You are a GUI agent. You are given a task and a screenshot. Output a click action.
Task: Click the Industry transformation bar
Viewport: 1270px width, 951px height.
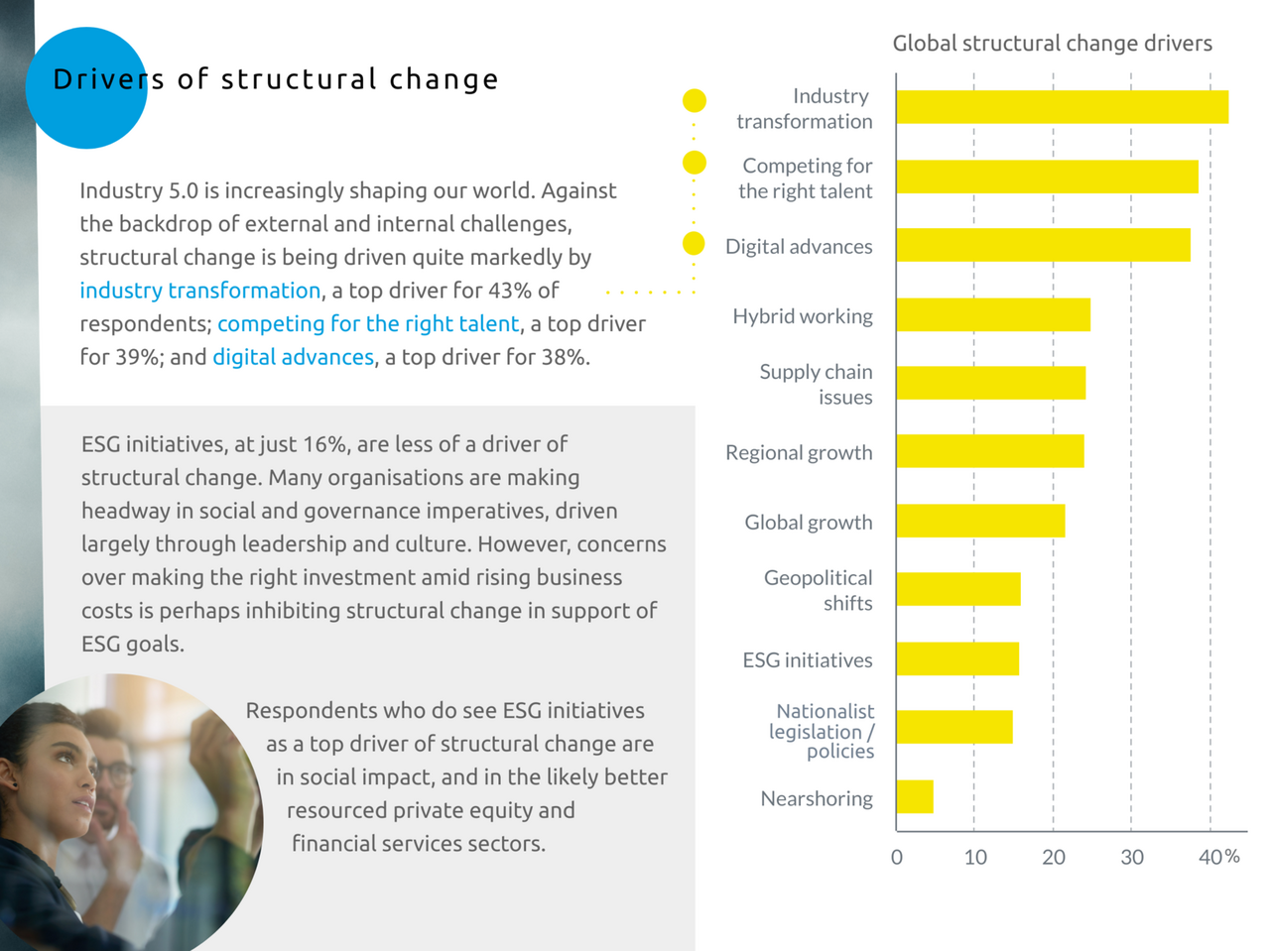click(x=1062, y=107)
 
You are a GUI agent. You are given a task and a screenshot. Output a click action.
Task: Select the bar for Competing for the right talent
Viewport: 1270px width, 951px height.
click(x=1047, y=177)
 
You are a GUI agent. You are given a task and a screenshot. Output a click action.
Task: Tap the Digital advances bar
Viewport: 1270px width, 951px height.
click(x=1043, y=245)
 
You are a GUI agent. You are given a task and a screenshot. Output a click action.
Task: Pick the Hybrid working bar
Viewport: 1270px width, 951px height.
click(x=992, y=314)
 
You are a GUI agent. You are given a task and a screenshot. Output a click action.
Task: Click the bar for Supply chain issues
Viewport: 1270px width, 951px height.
click(x=990, y=383)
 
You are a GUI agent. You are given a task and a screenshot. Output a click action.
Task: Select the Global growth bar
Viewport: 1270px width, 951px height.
click(x=980, y=521)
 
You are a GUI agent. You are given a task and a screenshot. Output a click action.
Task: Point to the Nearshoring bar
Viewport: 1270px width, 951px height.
click(x=915, y=796)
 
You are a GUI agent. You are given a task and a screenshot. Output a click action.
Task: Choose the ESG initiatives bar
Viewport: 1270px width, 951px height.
click(x=957, y=658)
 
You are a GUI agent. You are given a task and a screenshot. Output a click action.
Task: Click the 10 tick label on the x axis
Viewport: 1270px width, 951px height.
click(x=975, y=858)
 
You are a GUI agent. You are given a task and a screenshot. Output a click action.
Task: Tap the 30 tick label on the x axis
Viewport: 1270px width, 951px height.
click(x=1132, y=858)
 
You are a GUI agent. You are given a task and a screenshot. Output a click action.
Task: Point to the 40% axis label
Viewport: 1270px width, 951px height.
click(x=1218, y=857)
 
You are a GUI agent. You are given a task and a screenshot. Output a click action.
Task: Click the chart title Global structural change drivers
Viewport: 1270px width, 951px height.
click(x=1052, y=44)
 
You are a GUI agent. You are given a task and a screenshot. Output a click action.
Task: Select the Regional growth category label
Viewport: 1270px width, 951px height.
click(x=799, y=453)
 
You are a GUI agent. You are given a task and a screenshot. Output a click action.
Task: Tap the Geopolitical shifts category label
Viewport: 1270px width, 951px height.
click(x=818, y=590)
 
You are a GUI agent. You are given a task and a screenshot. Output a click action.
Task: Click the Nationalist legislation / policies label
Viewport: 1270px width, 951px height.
click(x=823, y=731)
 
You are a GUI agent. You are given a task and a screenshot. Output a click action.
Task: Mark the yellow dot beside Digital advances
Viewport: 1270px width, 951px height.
click(x=694, y=244)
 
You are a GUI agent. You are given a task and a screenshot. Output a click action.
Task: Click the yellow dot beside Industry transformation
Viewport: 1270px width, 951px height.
click(x=695, y=100)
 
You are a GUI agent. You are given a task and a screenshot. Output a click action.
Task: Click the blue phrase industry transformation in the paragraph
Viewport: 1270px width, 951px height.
click(x=200, y=291)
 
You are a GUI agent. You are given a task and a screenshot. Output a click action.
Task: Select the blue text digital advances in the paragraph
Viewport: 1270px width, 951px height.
click(x=293, y=357)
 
